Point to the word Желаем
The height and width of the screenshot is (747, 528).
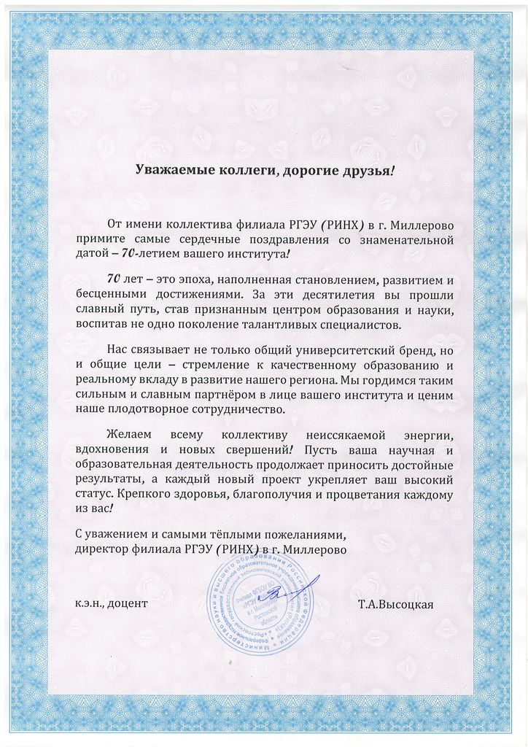130,436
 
